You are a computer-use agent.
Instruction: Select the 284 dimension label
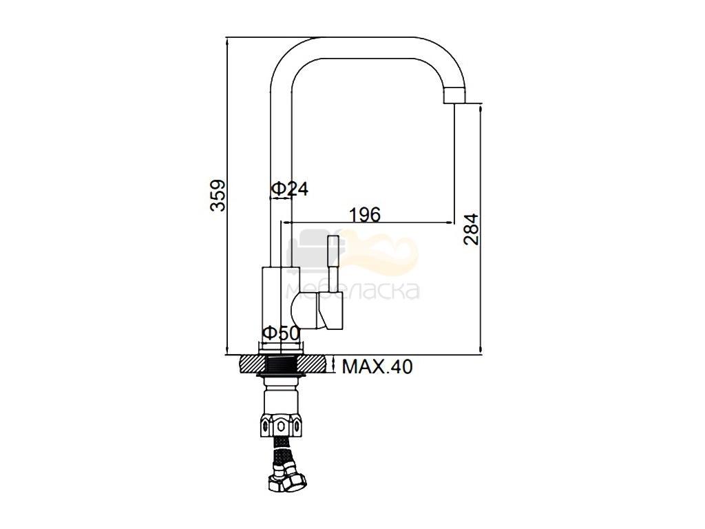pyautogui.click(x=471, y=229)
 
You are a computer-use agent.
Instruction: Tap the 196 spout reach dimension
pyautogui.click(x=365, y=215)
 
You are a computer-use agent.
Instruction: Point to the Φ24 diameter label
pyautogui.click(x=290, y=189)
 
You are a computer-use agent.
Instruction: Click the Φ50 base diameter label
pyautogui.click(x=281, y=333)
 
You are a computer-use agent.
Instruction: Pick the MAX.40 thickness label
pyautogui.click(x=377, y=366)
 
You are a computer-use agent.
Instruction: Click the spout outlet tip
pyautogui.click(x=455, y=95)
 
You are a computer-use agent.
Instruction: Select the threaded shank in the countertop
pyautogui.click(x=280, y=364)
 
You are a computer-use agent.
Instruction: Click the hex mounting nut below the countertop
pyautogui.click(x=280, y=425)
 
